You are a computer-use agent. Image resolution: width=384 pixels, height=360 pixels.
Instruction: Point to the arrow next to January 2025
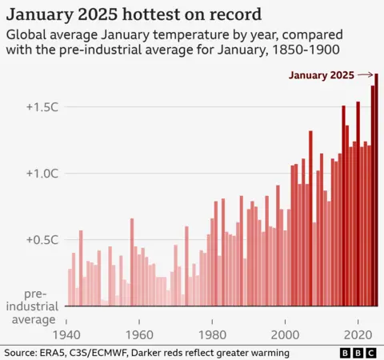coord(366,75)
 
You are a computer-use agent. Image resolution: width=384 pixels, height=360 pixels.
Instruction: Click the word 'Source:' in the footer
coord(22,353)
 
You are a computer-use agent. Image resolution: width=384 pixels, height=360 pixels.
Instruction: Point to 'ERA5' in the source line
coord(61,353)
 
